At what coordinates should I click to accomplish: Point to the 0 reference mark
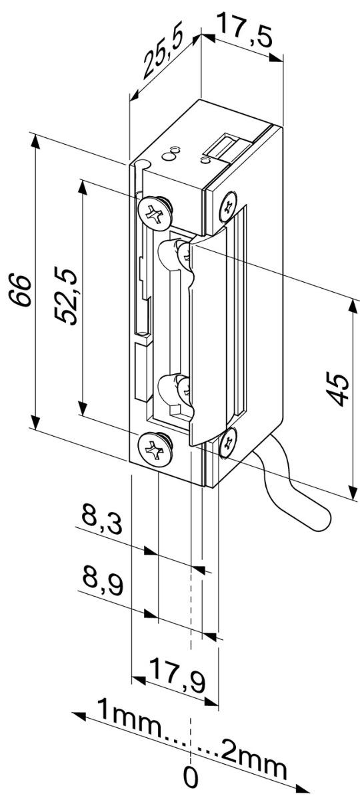tap(191, 777)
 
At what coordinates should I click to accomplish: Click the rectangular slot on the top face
tap(225, 146)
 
